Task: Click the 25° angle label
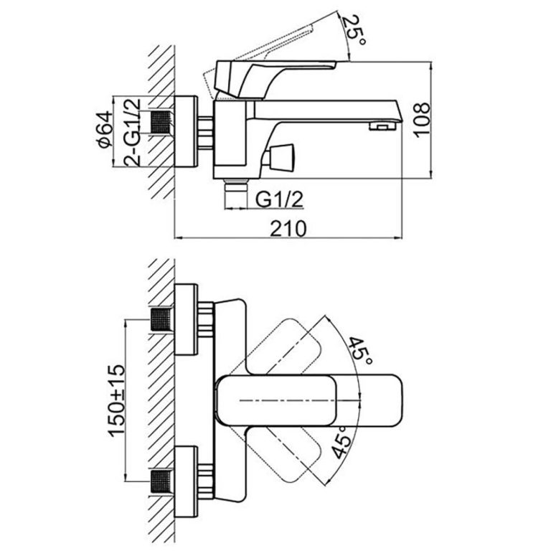click(x=351, y=31)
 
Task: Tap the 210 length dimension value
click(x=289, y=228)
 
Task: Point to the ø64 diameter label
click(x=105, y=131)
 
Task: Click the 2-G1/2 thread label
click(x=132, y=132)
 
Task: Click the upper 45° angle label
click(x=359, y=352)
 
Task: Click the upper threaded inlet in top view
click(x=162, y=320)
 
